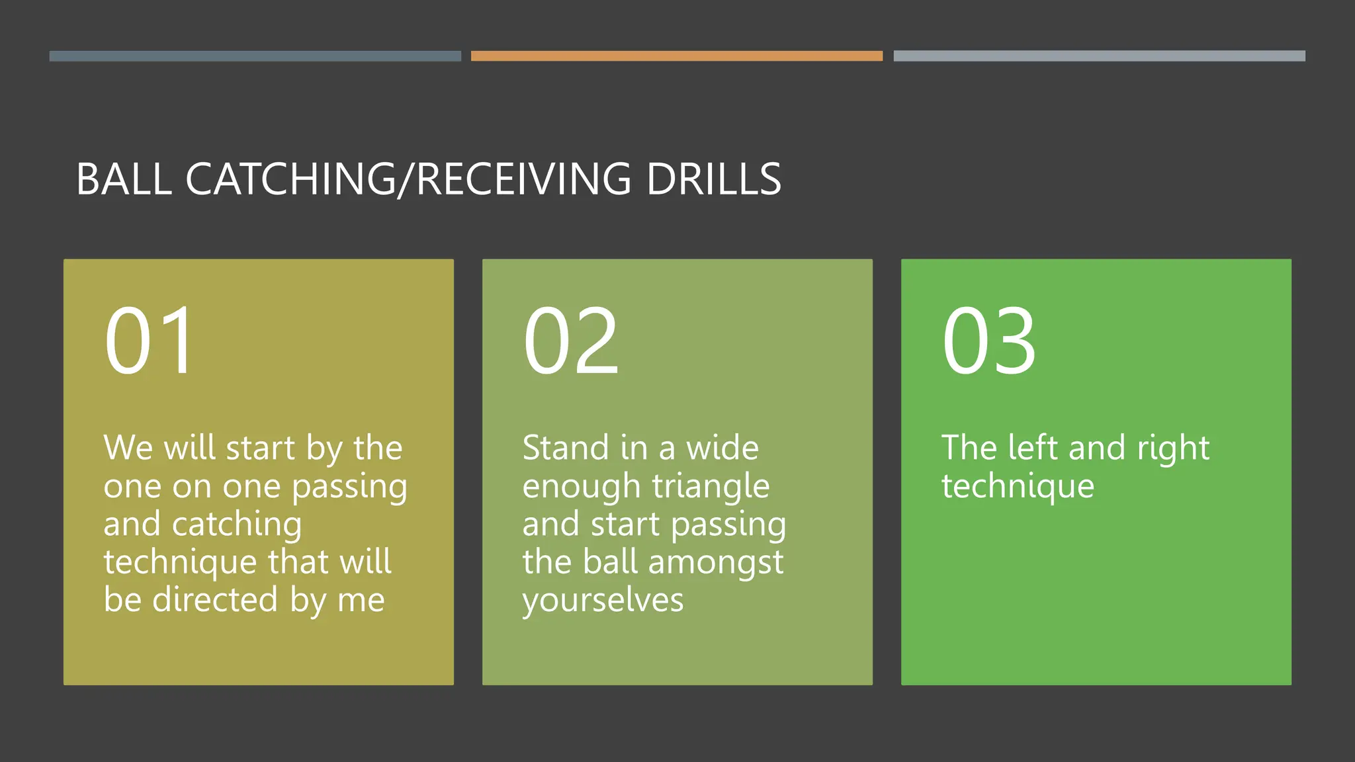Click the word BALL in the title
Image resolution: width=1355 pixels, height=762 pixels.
point(124,179)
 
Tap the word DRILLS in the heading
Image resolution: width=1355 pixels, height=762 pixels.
point(714,179)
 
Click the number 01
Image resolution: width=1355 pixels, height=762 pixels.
point(150,341)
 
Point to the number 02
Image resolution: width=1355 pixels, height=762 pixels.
point(571,341)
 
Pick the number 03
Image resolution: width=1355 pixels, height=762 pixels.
point(988,341)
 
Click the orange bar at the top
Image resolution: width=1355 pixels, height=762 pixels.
point(676,56)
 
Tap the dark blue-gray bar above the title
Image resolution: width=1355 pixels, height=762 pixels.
point(255,56)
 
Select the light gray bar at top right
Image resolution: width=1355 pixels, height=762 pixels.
point(1099,56)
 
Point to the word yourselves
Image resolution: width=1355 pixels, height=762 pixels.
point(603,601)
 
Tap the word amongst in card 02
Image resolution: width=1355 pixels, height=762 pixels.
point(716,562)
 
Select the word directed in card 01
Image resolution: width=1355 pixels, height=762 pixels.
point(214,600)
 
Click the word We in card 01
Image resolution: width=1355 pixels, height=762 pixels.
point(128,448)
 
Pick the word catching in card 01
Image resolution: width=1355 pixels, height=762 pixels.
point(236,525)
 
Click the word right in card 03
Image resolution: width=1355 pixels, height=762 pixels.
point(1173,449)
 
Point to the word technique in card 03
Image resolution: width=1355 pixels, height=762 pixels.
point(1018,487)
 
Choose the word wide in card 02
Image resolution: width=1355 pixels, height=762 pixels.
point(722,448)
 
